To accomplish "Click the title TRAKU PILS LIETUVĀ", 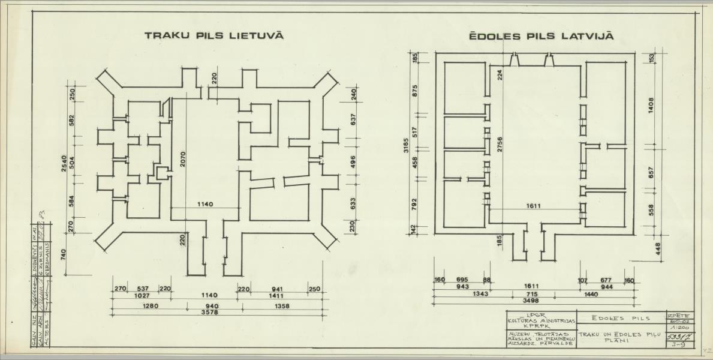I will pyautogui.click(x=214, y=36).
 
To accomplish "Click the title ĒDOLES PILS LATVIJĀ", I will pyautogui.click(x=541, y=37).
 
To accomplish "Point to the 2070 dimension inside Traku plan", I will pyautogui.click(x=183, y=158).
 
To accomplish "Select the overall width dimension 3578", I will pyautogui.click(x=217, y=313).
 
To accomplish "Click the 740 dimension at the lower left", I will pyautogui.click(x=65, y=254).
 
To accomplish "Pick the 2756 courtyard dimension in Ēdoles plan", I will pyautogui.click(x=499, y=147).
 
